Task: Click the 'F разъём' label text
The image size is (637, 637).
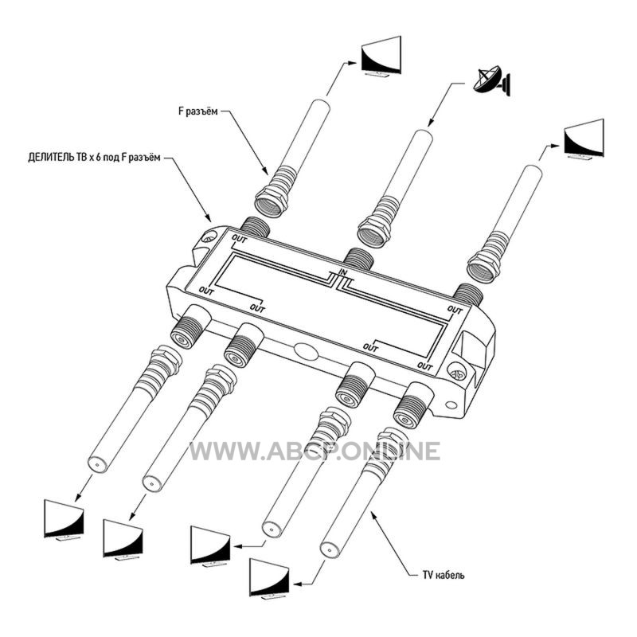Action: coord(198,111)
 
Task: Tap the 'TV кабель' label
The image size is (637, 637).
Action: coord(444,575)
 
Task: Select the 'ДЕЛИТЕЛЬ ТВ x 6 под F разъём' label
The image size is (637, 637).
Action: coord(94,157)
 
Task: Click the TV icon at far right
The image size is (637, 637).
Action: coord(584,139)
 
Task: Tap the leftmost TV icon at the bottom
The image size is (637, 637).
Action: coord(64,520)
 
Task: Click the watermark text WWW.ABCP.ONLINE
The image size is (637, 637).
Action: coord(315,451)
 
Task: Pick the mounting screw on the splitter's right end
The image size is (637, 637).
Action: coord(457,371)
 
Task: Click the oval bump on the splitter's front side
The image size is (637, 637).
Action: coord(306,351)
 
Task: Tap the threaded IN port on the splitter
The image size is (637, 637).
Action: coord(357,259)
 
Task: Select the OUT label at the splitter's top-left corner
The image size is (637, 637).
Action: coord(239,240)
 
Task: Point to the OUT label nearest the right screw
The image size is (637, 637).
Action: coord(425,366)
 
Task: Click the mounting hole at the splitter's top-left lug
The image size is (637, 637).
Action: coord(208,237)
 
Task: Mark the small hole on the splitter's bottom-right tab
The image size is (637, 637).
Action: coord(451,404)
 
